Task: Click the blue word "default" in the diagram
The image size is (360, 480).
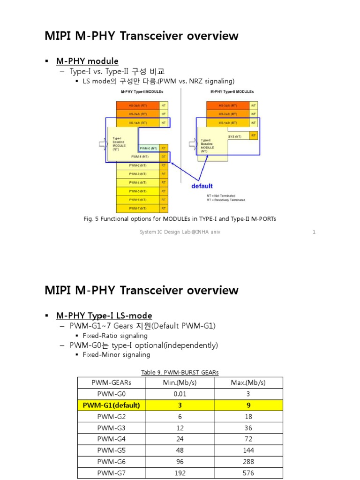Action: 202,186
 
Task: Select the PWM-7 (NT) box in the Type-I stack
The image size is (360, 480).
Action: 137,209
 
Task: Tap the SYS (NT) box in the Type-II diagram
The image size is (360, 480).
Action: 234,136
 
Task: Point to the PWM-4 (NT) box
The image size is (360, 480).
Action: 137,182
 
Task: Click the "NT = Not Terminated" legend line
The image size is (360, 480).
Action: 221,195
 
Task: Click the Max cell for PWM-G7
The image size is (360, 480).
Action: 248,473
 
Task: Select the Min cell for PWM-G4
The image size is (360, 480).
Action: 180,439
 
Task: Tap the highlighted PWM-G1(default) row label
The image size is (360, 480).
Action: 111,405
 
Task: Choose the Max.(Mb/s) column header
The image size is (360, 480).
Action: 248,382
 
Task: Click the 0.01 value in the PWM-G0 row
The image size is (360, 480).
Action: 180,394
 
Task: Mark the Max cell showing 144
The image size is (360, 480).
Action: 248,450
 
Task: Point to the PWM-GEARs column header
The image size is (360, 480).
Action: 111,382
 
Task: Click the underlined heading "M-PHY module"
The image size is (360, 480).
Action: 87,61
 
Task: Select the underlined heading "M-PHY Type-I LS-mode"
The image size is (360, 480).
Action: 104,315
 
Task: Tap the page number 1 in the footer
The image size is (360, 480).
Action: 314,232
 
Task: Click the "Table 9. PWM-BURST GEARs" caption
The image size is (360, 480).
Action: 180,373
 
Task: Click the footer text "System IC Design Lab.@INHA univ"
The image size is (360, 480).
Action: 180,232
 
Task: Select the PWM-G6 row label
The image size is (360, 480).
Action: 111,462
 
